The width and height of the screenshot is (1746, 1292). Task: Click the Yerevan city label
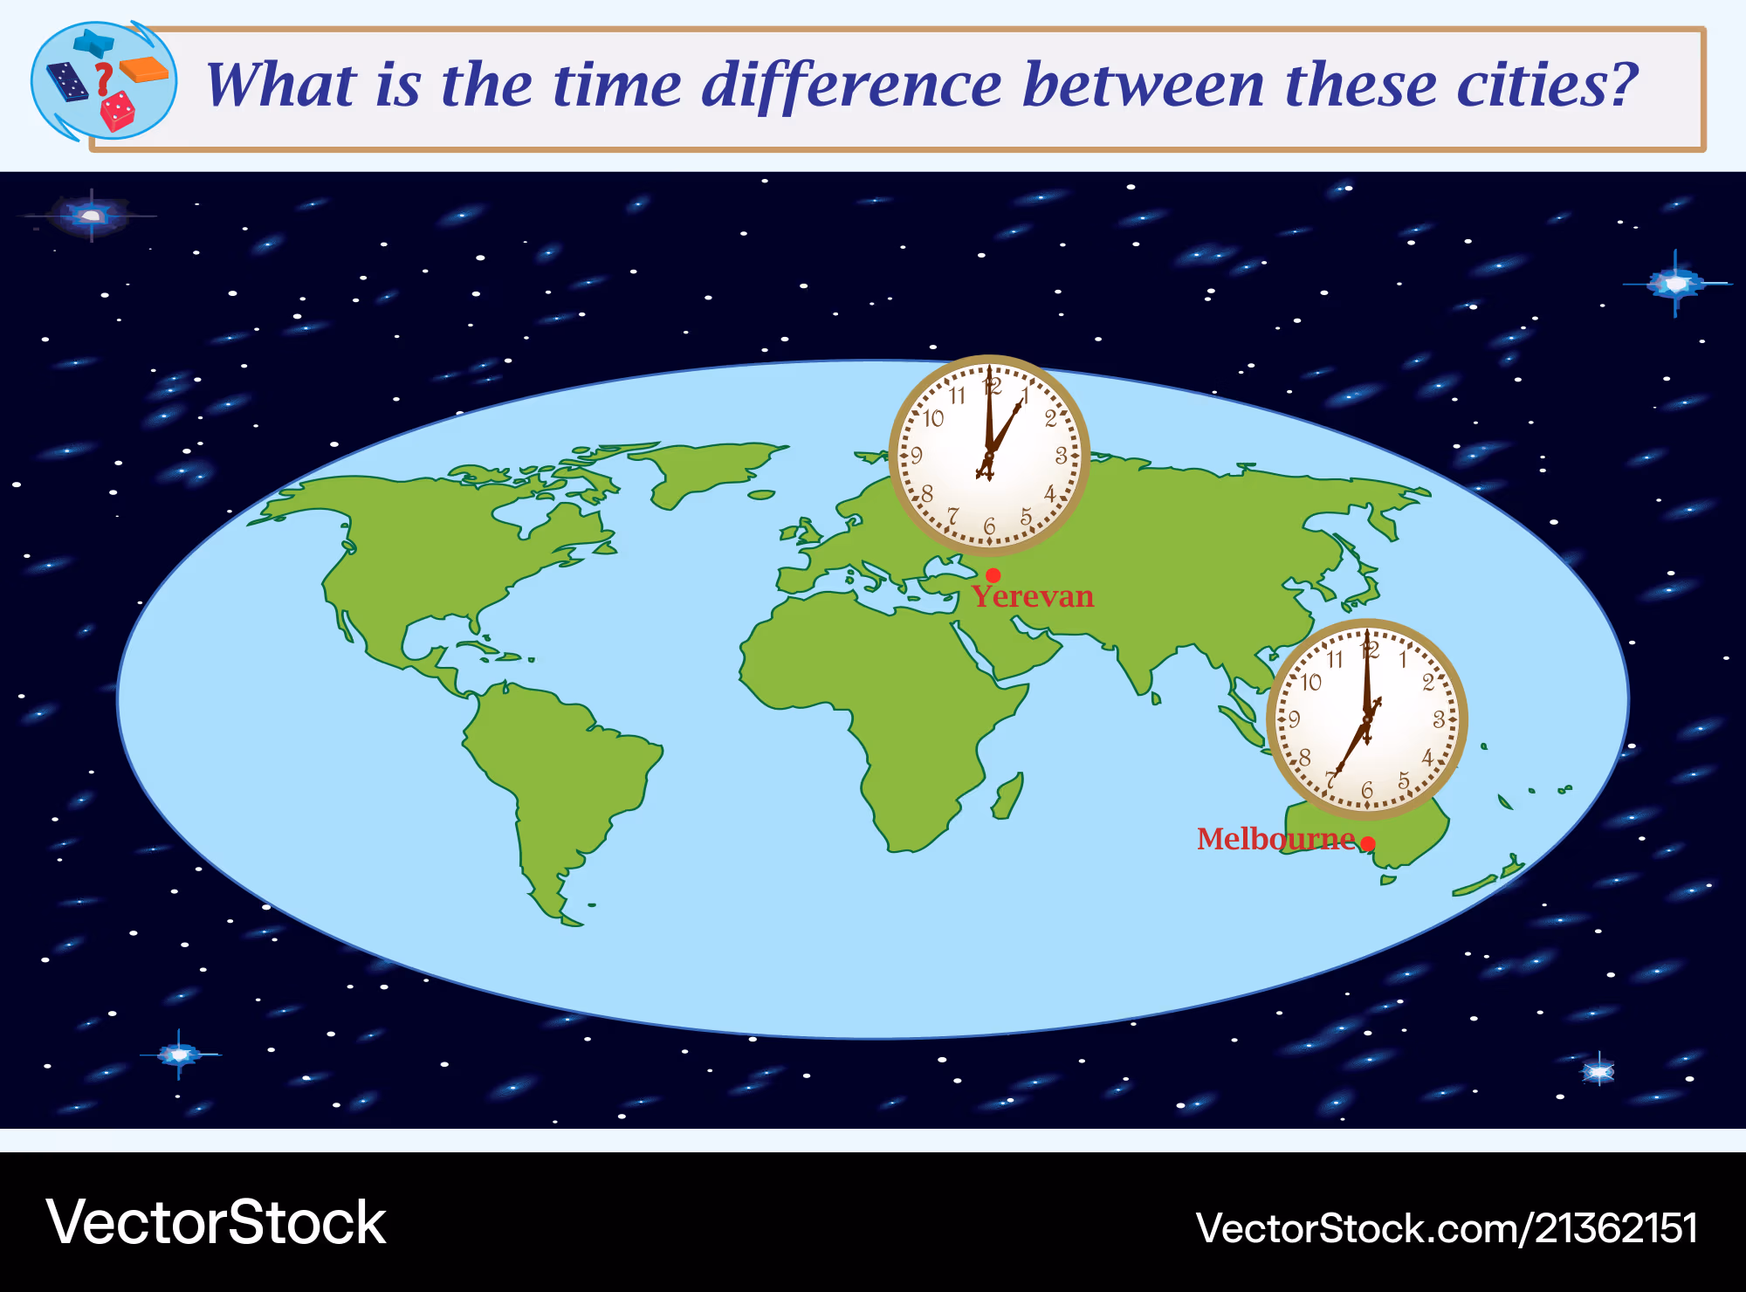1033,597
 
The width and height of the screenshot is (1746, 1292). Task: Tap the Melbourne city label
1275,838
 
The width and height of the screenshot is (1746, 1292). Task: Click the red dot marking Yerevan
993,575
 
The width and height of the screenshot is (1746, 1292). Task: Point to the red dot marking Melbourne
1368,843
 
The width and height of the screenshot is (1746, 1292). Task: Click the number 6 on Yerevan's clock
989,526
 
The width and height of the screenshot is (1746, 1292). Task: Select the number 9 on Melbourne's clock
1295,718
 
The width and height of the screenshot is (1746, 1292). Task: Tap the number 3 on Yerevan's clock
1061,455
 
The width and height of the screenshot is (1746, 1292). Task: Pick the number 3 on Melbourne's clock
1439,719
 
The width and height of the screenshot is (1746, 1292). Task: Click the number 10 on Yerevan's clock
934,418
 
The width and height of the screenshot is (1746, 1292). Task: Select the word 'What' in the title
281,85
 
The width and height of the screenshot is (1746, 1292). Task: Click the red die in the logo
117,111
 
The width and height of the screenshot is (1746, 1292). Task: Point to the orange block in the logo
144,69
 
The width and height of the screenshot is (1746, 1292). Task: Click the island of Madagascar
1007,796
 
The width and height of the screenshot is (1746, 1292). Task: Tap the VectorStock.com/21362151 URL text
1447,1228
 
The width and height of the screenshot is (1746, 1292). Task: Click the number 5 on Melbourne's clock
1404,780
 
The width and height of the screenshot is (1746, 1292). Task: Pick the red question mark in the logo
104,79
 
